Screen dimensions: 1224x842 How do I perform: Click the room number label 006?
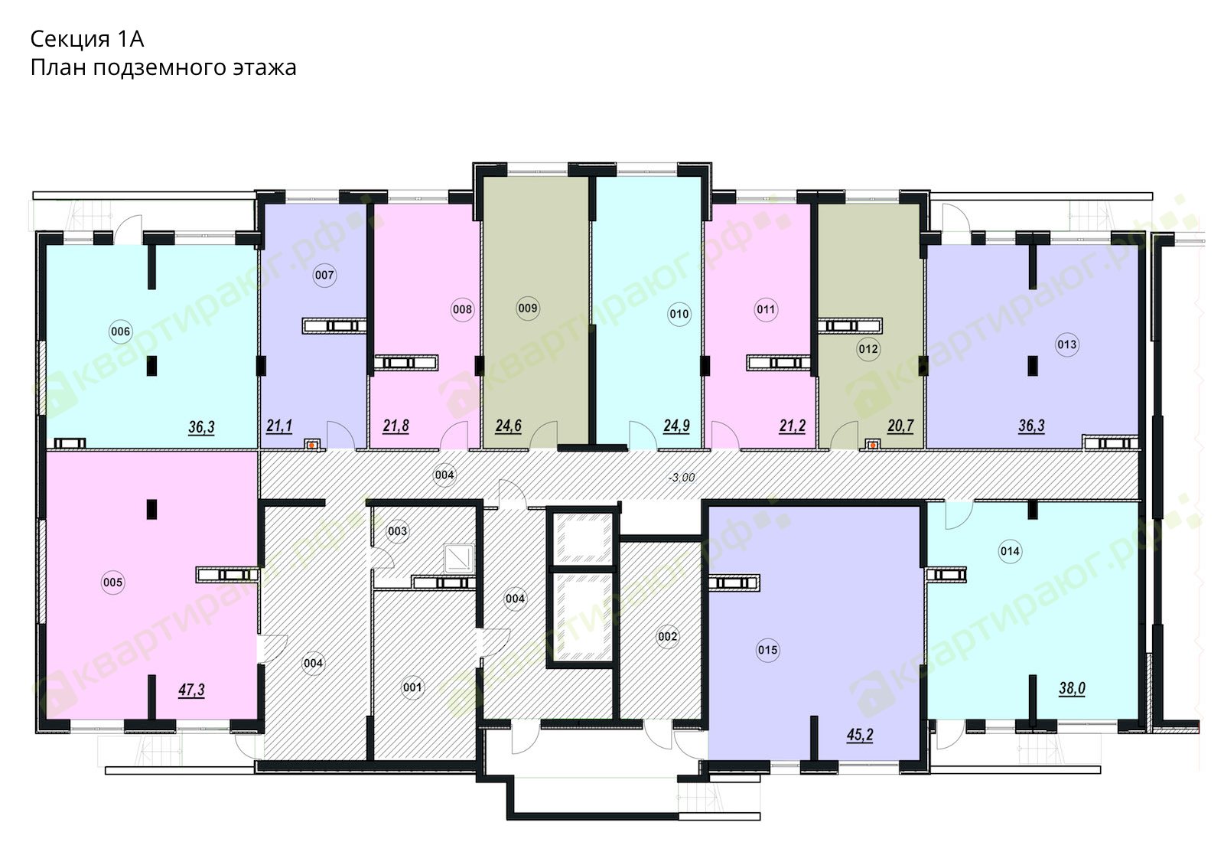(x=120, y=331)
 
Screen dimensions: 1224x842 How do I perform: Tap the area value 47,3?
(x=191, y=690)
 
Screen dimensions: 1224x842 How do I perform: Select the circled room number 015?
(x=768, y=650)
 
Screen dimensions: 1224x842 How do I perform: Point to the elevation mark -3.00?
(x=682, y=478)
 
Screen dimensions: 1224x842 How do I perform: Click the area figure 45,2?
(x=860, y=736)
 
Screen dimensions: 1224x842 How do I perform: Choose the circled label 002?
(x=668, y=636)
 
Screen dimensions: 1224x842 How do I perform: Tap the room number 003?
(x=397, y=531)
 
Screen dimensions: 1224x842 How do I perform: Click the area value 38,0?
(x=1072, y=688)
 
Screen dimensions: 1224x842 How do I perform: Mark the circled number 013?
(x=1066, y=344)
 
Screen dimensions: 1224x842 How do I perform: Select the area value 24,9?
(x=676, y=426)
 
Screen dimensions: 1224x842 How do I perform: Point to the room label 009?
(x=528, y=308)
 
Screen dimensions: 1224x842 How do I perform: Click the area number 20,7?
(x=900, y=426)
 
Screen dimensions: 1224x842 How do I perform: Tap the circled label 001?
(x=412, y=687)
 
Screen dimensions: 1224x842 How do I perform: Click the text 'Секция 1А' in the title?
(x=87, y=39)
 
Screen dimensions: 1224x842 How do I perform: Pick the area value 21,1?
(x=279, y=426)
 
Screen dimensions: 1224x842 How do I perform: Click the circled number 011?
(x=766, y=309)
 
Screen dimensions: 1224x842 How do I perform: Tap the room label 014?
(x=1010, y=551)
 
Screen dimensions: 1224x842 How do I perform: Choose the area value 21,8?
(x=396, y=426)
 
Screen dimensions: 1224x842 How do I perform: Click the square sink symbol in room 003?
(x=458, y=558)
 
